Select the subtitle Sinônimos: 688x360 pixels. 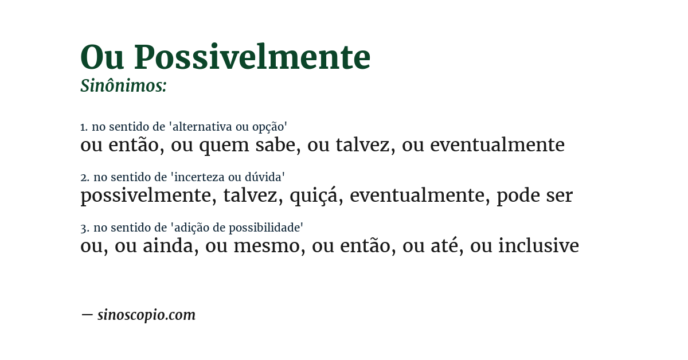tap(123, 86)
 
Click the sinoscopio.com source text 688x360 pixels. tap(146, 315)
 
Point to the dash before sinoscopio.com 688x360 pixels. tap(87, 315)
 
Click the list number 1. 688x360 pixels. tap(83, 127)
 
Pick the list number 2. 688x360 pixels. tap(84, 177)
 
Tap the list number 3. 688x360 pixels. tap(84, 228)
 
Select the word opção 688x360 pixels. tap(269, 127)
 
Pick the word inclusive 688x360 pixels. tap(538, 246)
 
